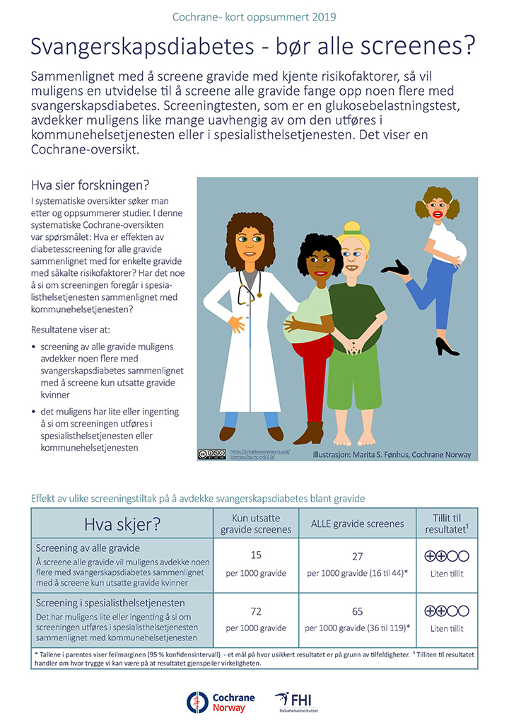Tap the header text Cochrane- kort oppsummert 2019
[x=255, y=16]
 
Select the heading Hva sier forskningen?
[x=90, y=186]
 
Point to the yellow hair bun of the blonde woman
[x=351, y=229]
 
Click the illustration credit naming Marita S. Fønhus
[x=392, y=454]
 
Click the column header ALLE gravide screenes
[x=357, y=524]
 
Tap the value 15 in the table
[x=256, y=556]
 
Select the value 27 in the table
[x=357, y=556]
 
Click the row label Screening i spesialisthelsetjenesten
[x=110, y=603]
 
